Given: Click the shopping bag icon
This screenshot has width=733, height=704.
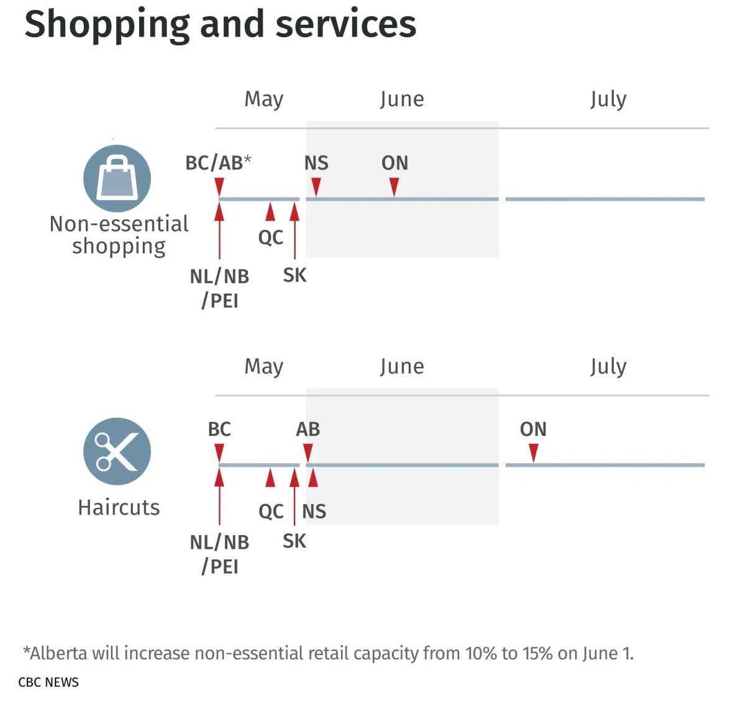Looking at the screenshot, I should click(117, 178).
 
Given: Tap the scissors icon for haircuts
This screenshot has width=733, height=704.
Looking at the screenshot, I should click(117, 451).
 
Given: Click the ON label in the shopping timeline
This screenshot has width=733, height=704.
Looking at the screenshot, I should click(394, 163).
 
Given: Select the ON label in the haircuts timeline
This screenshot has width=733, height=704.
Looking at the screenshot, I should click(533, 429).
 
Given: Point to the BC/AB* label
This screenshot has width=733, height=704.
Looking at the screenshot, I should click(218, 163).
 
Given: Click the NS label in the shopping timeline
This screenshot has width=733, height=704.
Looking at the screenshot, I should click(316, 163).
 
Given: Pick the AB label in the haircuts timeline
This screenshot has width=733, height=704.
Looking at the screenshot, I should click(307, 429).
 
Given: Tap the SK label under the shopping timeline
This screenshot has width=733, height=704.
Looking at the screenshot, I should click(294, 275).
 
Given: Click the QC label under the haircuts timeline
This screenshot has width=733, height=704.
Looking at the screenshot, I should click(271, 512).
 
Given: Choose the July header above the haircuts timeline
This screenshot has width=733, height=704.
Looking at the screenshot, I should click(608, 366).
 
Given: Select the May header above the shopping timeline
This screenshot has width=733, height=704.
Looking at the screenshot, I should click(264, 99).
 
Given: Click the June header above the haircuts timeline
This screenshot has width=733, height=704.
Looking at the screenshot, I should click(402, 366).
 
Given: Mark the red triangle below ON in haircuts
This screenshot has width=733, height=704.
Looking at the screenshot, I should click(533, 453).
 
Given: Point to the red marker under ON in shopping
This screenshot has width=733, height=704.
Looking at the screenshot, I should click(394, 186).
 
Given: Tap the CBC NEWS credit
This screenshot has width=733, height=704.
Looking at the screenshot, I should click(48, 682).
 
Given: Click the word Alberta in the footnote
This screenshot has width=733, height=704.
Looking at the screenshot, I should click(58, 653).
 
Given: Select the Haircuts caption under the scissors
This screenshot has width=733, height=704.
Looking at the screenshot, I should click(119, 507).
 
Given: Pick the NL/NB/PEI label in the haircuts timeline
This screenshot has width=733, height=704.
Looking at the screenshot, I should click(219, 554).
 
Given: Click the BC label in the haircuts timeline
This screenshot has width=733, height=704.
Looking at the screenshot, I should click(219, 429).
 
